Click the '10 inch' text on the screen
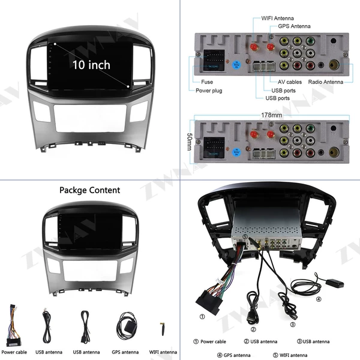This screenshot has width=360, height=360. (91, 65)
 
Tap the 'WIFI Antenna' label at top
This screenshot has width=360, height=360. (277, 18)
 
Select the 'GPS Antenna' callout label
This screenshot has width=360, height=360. (294, 26)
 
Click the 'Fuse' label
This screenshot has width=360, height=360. (207, 82)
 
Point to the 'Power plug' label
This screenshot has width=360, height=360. (209, 91)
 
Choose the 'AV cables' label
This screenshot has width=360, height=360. (290, 82)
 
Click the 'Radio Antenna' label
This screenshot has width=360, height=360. (326, 82)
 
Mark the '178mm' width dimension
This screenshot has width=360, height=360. (272, 115)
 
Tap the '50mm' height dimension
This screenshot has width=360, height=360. (190, 142)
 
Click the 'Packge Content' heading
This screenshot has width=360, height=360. (90, 190)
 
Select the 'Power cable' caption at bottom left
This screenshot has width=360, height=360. (14, 352)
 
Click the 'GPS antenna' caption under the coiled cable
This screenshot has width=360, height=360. (125, 352)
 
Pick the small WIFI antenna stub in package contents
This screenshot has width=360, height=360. (163, 329)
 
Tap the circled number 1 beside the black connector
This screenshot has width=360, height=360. (202, 317)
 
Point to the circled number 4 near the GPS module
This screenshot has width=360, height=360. (319, 299)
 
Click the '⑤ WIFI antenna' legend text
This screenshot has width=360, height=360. (290, 355)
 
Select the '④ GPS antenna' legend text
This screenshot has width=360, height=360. (234, 355)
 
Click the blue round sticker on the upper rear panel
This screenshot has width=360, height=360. (236, 65)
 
